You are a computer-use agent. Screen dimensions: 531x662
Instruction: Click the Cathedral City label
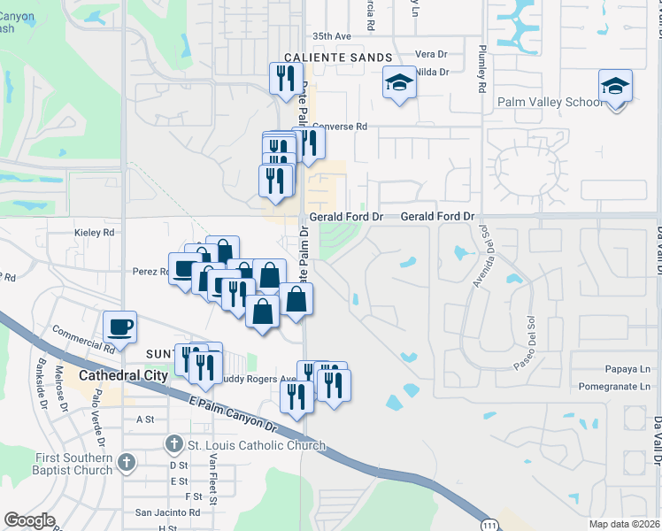[123, 375]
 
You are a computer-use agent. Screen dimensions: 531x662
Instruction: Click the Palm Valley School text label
[549, 102]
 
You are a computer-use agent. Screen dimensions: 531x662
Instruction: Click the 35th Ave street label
[332, 36]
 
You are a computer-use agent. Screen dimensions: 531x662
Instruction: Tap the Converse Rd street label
[340, 127]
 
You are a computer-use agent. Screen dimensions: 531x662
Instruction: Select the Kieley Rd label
[96, 233]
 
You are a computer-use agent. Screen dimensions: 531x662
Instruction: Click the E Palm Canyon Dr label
[233, 415]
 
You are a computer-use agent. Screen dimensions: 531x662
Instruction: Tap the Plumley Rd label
[482, 69]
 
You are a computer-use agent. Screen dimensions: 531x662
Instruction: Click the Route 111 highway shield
[489, 522]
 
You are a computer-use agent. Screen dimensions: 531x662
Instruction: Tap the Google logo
[29, 520]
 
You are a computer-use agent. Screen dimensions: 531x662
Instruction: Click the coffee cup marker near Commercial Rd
[120, 327]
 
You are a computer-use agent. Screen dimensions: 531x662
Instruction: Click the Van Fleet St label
[213, 476]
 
